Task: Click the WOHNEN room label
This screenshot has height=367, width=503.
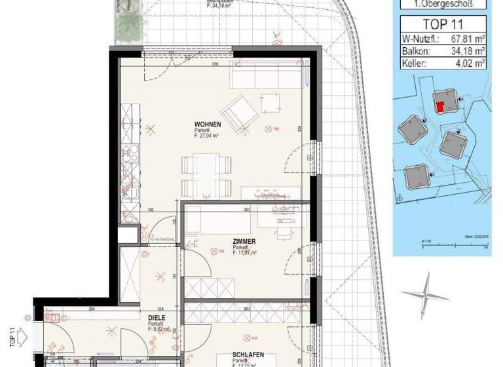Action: point(208,124)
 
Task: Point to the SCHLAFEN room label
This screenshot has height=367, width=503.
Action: point(248,355)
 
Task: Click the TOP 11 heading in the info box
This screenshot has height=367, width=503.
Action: point(443,26)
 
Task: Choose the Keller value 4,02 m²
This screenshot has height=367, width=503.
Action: point(470,64)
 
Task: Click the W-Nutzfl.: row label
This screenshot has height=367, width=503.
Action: point(421,39)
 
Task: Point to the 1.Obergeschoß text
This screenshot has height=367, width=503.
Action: point(444,5)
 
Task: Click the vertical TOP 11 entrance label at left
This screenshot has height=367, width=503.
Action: point(12,336)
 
